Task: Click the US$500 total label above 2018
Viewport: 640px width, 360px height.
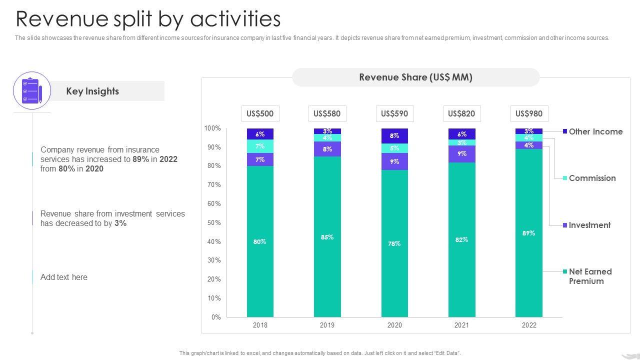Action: pos(260,113)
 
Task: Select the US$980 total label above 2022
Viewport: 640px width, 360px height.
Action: pos(529,113)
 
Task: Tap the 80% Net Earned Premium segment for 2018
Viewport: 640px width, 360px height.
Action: pos(260,241)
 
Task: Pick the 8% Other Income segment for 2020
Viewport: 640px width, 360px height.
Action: pos(394,135)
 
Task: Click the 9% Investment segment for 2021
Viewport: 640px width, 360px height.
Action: pos(461,154)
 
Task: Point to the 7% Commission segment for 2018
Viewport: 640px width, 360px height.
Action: pos(260,146)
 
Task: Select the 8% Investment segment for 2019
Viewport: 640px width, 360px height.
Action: pos(327,149)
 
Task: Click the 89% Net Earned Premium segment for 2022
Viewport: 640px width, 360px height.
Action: pos(529,233)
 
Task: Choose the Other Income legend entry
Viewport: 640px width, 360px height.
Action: pos(595,131)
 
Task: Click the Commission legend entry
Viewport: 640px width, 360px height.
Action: pos(591,178)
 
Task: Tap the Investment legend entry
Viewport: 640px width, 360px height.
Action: pos(589,225)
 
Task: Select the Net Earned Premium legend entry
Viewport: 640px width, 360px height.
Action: pos(590,276)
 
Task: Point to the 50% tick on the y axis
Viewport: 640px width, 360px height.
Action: pos(214,222)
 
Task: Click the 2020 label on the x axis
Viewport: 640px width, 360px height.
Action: pos(394,325)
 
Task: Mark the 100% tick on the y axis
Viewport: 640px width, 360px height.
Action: pos(212,128)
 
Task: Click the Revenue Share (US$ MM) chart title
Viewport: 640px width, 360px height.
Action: pos(415,77)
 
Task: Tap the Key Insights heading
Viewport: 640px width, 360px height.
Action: pos(92,91)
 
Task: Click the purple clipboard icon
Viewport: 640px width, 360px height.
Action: pos(31,90)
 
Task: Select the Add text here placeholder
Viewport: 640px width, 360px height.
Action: pos(64,277)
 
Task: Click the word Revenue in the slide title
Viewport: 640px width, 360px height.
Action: pos(62,19)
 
